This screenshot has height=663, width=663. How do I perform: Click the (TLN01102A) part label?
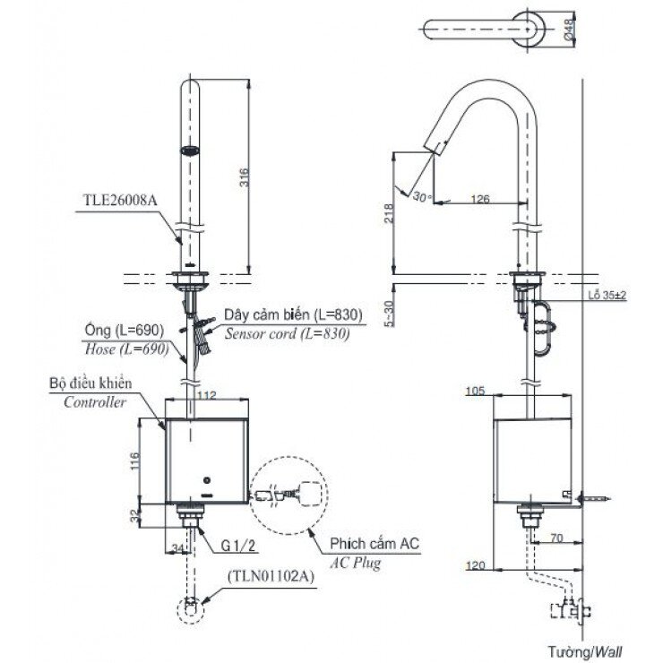pyautogui.click(x=270, y=576)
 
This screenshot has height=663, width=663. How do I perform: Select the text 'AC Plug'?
pyautogui.click(x=356, y=564)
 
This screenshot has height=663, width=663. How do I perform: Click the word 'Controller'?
pyautogui.click(x=94, y=402)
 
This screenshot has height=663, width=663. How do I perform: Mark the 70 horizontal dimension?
pyautogui.click(x=555, y=540)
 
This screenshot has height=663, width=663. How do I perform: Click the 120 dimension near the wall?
pyautogui.click(x=478, y=565)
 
